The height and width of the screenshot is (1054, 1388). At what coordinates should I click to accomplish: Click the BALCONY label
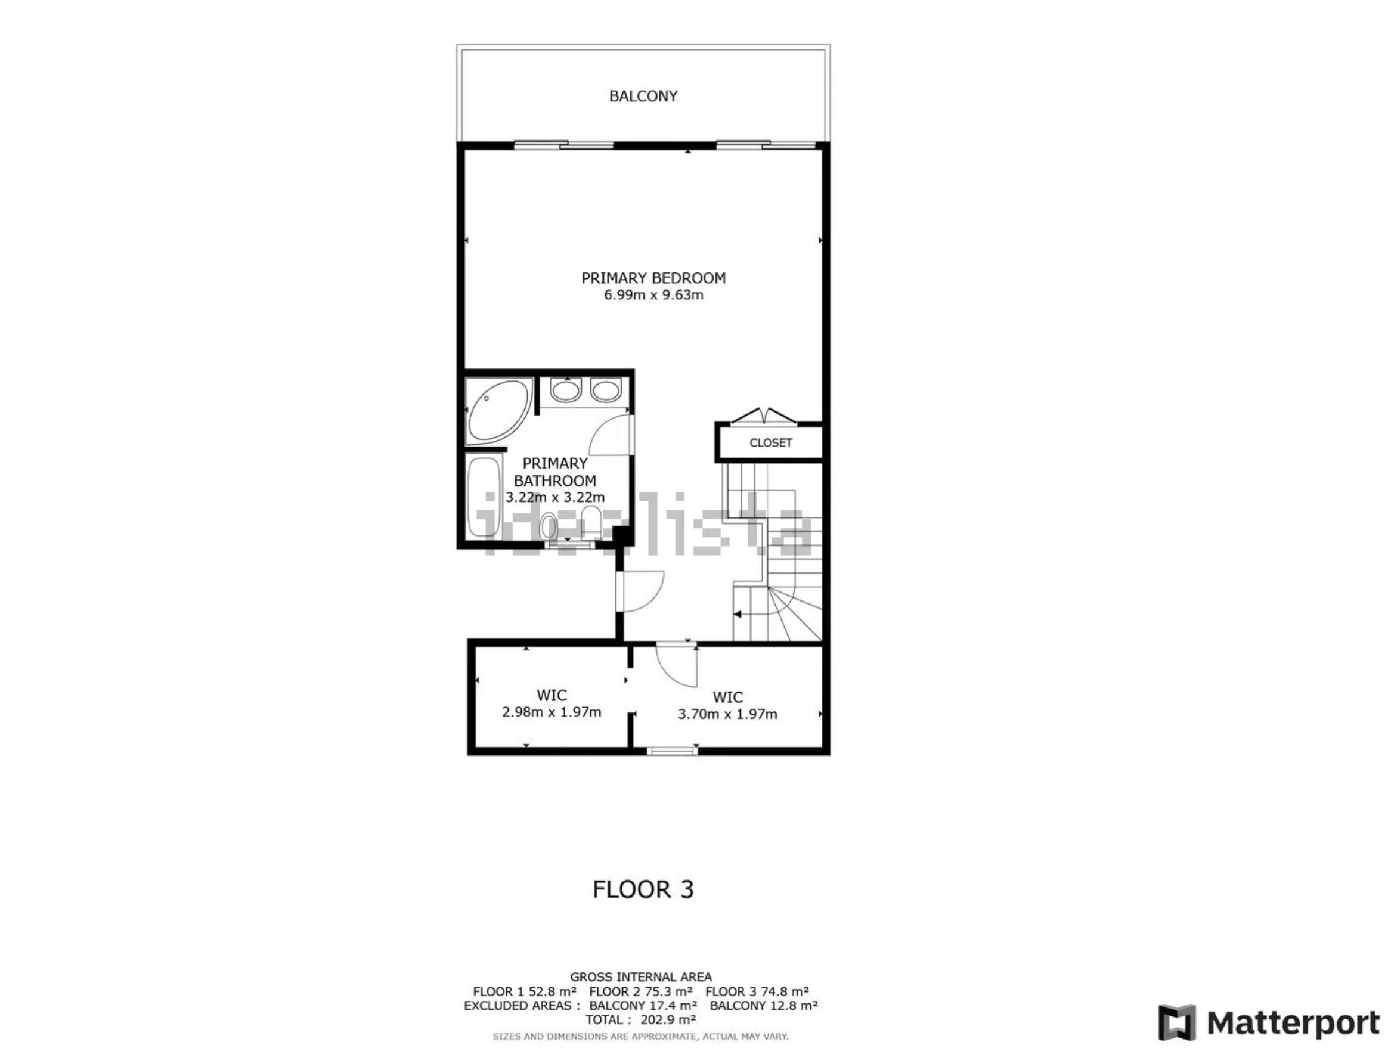pyautogui.click(x=643, y=96)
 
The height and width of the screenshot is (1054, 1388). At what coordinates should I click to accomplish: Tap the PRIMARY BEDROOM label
pyautogui.click(x=653, y=278)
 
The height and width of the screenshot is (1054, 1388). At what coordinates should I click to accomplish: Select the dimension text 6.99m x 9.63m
pyautogui.click(x=653, y=295)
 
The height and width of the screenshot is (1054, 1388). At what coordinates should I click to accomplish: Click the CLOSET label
pyautogui.click(x=770, y=442)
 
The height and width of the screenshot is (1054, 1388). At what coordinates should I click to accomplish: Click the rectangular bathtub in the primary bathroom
pyautogui.click(x=484, y=496)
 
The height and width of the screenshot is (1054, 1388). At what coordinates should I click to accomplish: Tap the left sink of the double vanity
pyautogui.click(x=566, y=390)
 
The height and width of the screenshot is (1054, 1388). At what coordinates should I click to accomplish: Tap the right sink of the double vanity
pyautogui.click(x=606, y=390)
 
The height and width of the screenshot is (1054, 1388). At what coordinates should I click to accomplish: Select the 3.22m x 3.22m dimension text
pyautogui.click(x=555, y=498)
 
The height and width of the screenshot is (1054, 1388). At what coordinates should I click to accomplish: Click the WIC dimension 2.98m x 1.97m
pyautogui.click(x=552, y=712)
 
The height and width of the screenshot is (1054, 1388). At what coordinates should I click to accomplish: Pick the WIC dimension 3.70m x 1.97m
pyautogui.click(x=727, y=714)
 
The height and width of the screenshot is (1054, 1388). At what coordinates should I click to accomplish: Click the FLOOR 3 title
pyautogui.click(x=643, y=889)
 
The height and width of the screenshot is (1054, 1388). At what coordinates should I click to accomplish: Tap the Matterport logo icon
pyautogui.click(x=1176, y=1022)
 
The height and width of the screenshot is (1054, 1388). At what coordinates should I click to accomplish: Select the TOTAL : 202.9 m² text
pyautogui.click(x=641, y=1020)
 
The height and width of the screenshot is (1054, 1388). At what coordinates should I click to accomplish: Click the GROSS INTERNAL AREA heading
pyautogui.click(x=641, y=977)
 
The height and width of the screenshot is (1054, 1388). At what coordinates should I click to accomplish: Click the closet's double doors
pyautogui.click(x=764, y=416)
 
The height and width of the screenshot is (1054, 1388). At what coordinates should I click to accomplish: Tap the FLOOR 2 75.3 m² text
pyautogui.click(x=641, y=992)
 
